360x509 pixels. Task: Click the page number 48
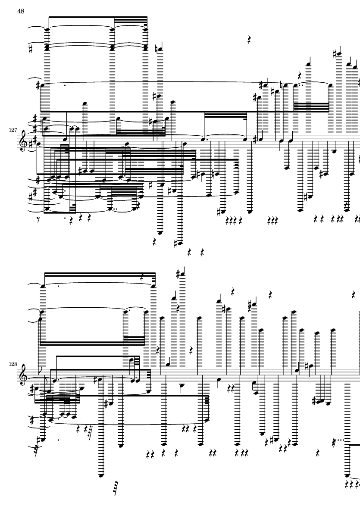tap(21, 11)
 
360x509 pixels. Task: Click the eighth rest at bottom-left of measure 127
tap(40, 219)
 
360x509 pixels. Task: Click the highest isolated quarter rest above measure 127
tap(250, 40)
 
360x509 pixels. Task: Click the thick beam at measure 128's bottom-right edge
tap(354, 444)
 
